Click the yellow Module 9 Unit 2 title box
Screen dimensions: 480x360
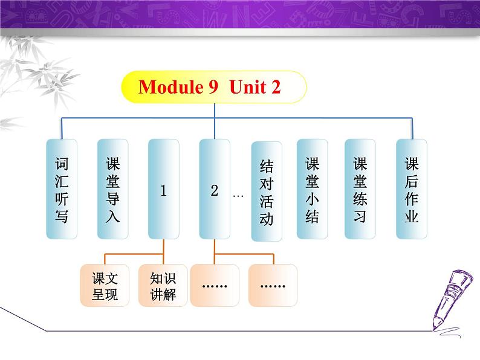(214, 87)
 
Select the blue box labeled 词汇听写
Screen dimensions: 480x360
(62, 189)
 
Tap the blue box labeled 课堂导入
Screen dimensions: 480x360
(112, 189)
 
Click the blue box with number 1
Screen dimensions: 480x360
(163, 189)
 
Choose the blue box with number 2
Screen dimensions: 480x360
(214, 189)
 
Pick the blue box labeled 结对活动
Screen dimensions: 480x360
(267, 191)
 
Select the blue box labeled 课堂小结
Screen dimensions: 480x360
(313, 189)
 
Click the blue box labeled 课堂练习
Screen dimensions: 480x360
(360, 189)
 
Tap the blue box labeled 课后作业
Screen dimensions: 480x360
(412, 189)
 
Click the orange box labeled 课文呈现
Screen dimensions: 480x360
(105, 285)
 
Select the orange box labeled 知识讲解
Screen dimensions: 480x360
(163, 285)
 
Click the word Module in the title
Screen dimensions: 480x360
(171, 87)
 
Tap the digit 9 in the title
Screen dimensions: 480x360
(213, 87)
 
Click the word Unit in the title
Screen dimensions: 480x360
(247, 87)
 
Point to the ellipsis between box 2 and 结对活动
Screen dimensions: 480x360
(238, 196)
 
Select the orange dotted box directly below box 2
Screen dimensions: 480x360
(215, 285)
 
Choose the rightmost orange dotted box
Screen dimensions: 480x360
(273, 285)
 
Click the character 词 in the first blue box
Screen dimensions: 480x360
(62, 164)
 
